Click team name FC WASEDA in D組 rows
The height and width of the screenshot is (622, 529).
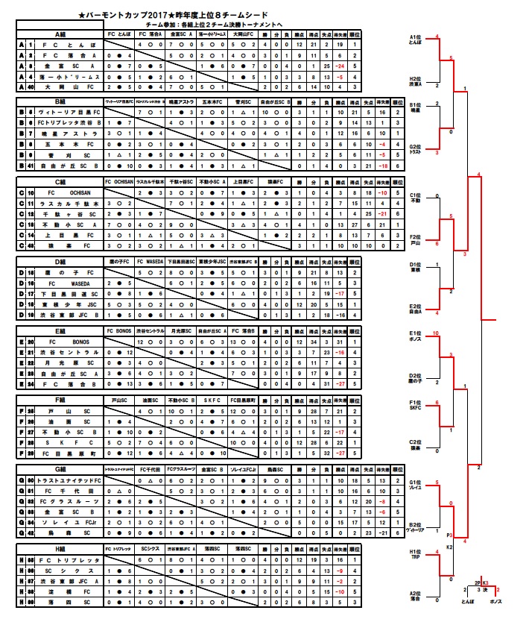click(63, 284)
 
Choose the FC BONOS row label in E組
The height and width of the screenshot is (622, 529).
click(63, 341)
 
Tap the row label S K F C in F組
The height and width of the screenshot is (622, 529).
click(63, 442)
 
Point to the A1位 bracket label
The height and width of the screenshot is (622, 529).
click(416, 40)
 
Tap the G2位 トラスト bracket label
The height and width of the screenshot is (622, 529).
click(416, 149)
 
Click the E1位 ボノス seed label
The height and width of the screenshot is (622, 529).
click(416, 336)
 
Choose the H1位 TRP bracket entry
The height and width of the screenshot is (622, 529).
click(416, 555)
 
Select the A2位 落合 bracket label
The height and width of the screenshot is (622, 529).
click(416, 596)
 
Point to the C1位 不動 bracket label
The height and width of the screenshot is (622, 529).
click(416, 198)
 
